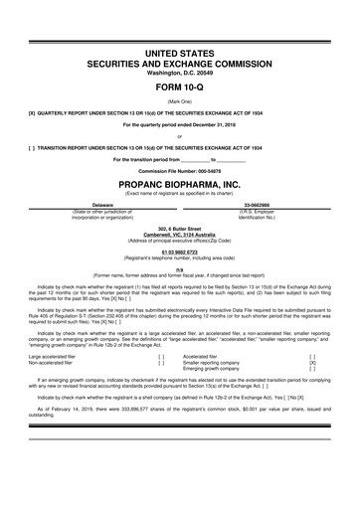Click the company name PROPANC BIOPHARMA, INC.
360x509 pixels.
pyautogui.click(x=179, y=185)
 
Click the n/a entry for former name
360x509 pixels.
pyautogui.click(x=179, y=268)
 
